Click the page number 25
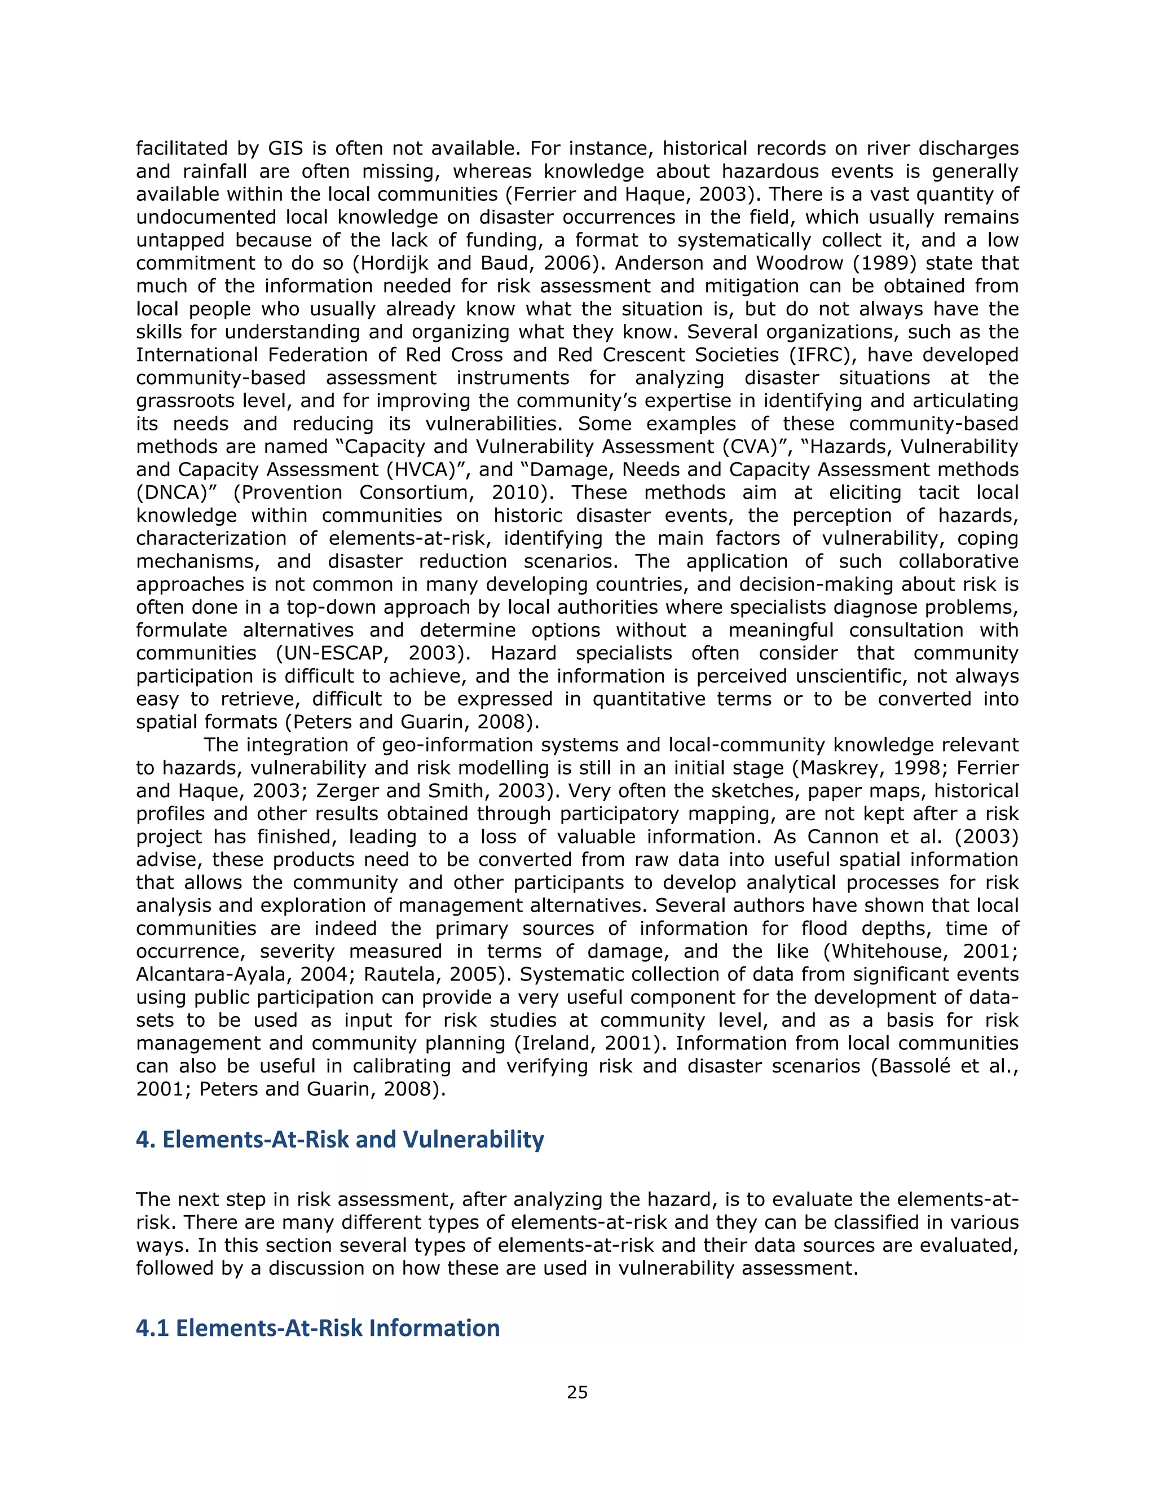pos(577,1392)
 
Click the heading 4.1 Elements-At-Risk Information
pos(318,1327)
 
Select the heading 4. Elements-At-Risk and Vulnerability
pos(340,1139)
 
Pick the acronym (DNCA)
pos(167,492)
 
